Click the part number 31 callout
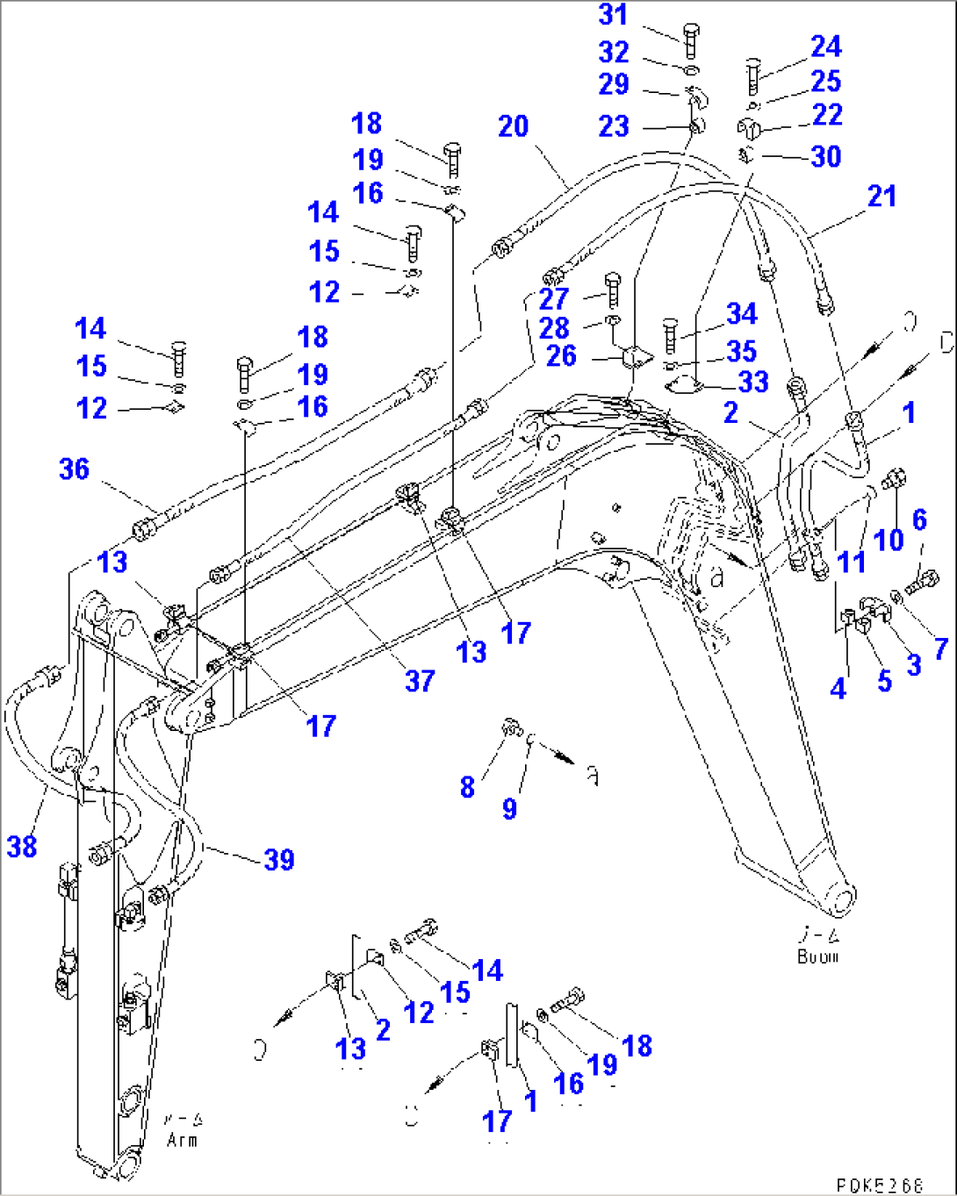tap(614, 15)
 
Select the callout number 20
tap(514, 126)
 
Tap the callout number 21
tap(881, 197)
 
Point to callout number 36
tap(75, 469)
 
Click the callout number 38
tap(22, 846)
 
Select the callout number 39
tap(279, 859)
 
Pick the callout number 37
tap(420, 681)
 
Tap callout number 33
tap(753, 382)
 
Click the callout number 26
tap(561, 355)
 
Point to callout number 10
tap(889, 540)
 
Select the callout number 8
tap(467, 787)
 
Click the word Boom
tap(817, 956)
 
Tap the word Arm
tap(182, 1140)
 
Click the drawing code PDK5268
tap(878, 1185)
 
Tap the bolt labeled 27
tap(613, 289)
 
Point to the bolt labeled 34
tap(671, 334)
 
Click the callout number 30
tap(826, 157)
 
